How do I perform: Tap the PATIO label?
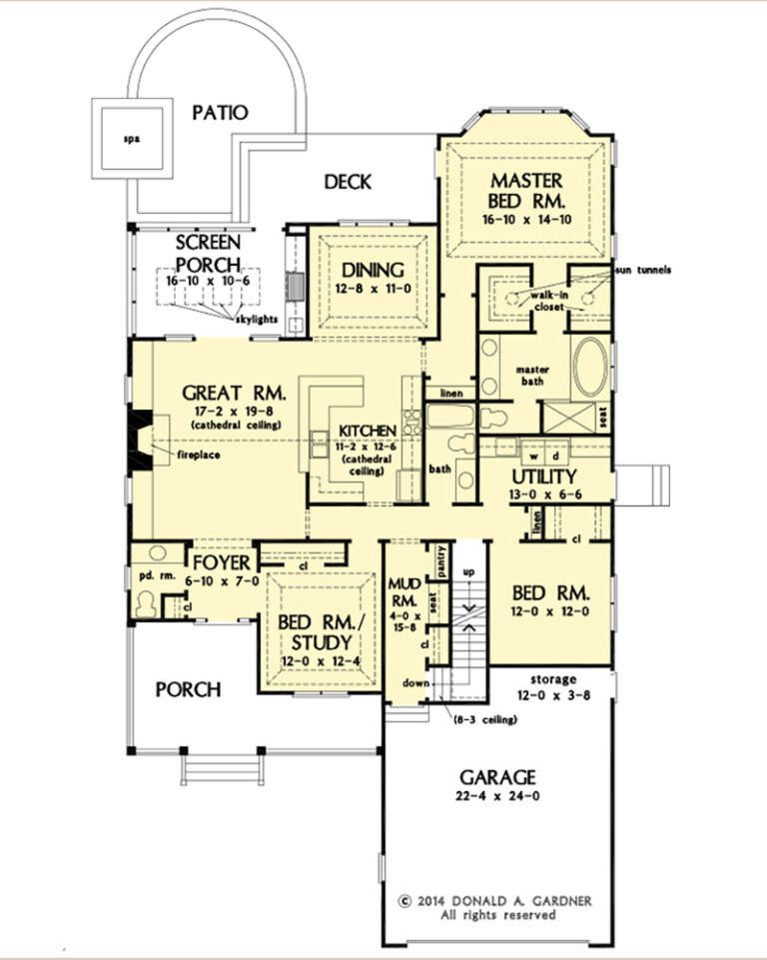220,112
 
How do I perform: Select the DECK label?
348,182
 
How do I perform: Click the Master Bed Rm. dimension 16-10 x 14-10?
526,220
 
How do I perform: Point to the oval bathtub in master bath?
589,368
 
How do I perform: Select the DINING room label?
372,270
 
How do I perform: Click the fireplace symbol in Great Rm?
140,441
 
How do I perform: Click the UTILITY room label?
544,475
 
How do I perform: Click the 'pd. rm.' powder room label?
153,574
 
